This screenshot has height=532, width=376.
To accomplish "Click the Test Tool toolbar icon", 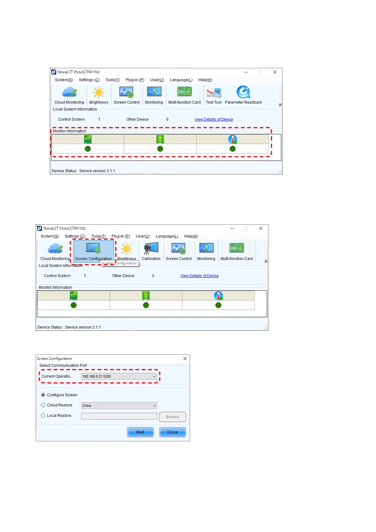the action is click(x=214, y=93).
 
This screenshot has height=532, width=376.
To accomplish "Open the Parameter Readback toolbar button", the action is click(x=243, y=92).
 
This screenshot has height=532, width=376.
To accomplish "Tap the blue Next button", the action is click(x=140, y=432).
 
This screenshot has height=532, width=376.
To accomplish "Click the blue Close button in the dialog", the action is click(x=172, y=432).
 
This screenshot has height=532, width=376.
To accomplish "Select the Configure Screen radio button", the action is click(x=43, y=395).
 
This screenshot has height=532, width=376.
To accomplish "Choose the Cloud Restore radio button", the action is click(x=43, y=405).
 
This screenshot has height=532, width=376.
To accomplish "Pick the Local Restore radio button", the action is click(x=43, y=415).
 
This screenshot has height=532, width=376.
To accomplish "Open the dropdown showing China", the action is click(x=119, y=405).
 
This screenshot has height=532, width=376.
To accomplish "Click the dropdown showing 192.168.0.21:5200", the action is click(x=119, y=376).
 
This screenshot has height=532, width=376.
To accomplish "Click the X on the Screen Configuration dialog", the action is click(x=185, y=359).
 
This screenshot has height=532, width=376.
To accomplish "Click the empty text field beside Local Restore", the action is click(x=119, y=416).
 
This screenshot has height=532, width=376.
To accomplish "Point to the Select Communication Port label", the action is click(x=63, y=366).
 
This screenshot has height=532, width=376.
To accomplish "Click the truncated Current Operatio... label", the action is click(x=57, y=376).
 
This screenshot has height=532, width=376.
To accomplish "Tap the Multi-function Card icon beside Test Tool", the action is click(x=184, y=92).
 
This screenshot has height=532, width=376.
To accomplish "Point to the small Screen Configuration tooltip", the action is click(x=120, y=263).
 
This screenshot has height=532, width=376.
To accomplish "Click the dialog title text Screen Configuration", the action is click(x=54, y=359).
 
